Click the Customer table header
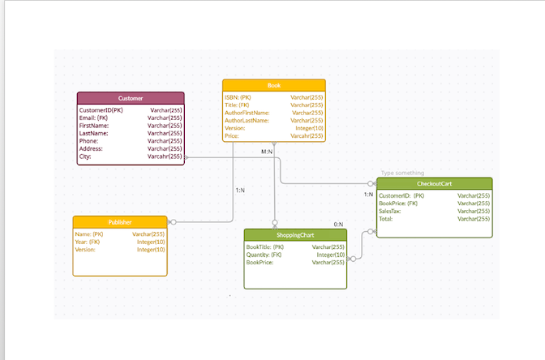(x=130, y=98)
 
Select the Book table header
(x=273, y=85)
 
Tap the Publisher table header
(x=120, y=222)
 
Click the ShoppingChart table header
(x=295, y=235)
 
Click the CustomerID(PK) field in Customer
(x=101, y=110)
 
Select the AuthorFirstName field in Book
(x=247, y=113)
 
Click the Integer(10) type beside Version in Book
(x=309, y=128)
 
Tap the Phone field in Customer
(x=89, y=141)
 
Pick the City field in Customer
(x=86, y=156)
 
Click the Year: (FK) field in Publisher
(x=88, y=242)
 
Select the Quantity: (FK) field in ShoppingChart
(x=264, y=255)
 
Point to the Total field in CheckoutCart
(x=387, y=219)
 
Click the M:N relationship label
(x=266, y=152)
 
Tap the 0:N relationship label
(x=338, y=225)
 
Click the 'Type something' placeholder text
(x=402, y=173)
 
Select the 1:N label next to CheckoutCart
(x=368, y=195)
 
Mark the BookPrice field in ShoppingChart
(x=260, y=263)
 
